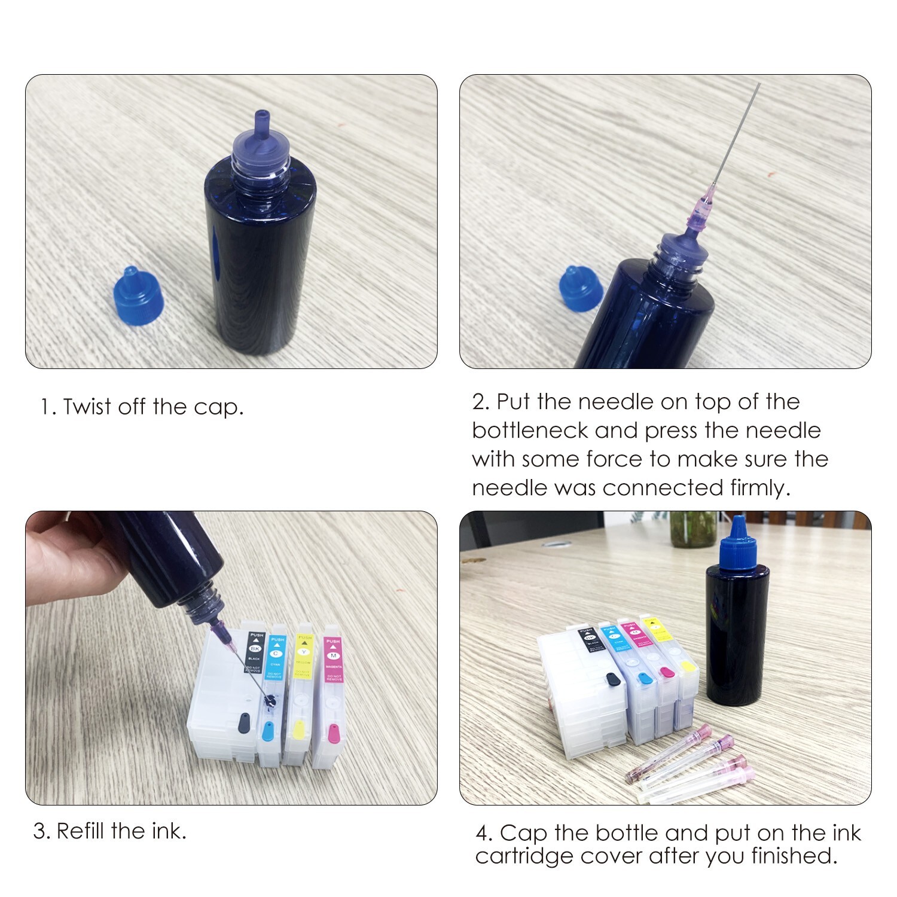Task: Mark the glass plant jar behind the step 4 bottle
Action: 692,529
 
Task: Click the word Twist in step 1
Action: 87,407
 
